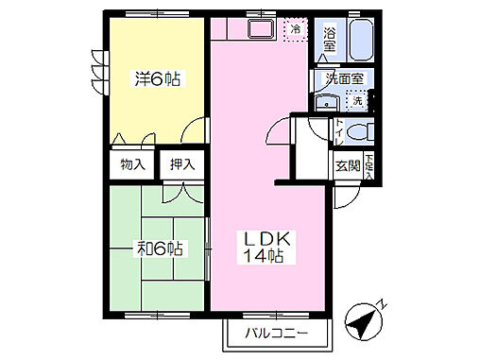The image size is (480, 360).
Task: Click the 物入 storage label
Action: (x=132, y=164)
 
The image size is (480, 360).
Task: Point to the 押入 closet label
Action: (x=181, y=164)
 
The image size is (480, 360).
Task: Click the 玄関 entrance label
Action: (x=346, y=164)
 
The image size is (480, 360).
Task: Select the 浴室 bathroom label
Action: (x=329, y=38)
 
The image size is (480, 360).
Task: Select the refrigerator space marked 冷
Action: (x=296, y=29)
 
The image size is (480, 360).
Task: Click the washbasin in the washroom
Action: (x=326, y=102)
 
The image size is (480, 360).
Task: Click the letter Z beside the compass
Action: (x=381, y=304)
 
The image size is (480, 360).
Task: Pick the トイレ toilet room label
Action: (x=338, y=131)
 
